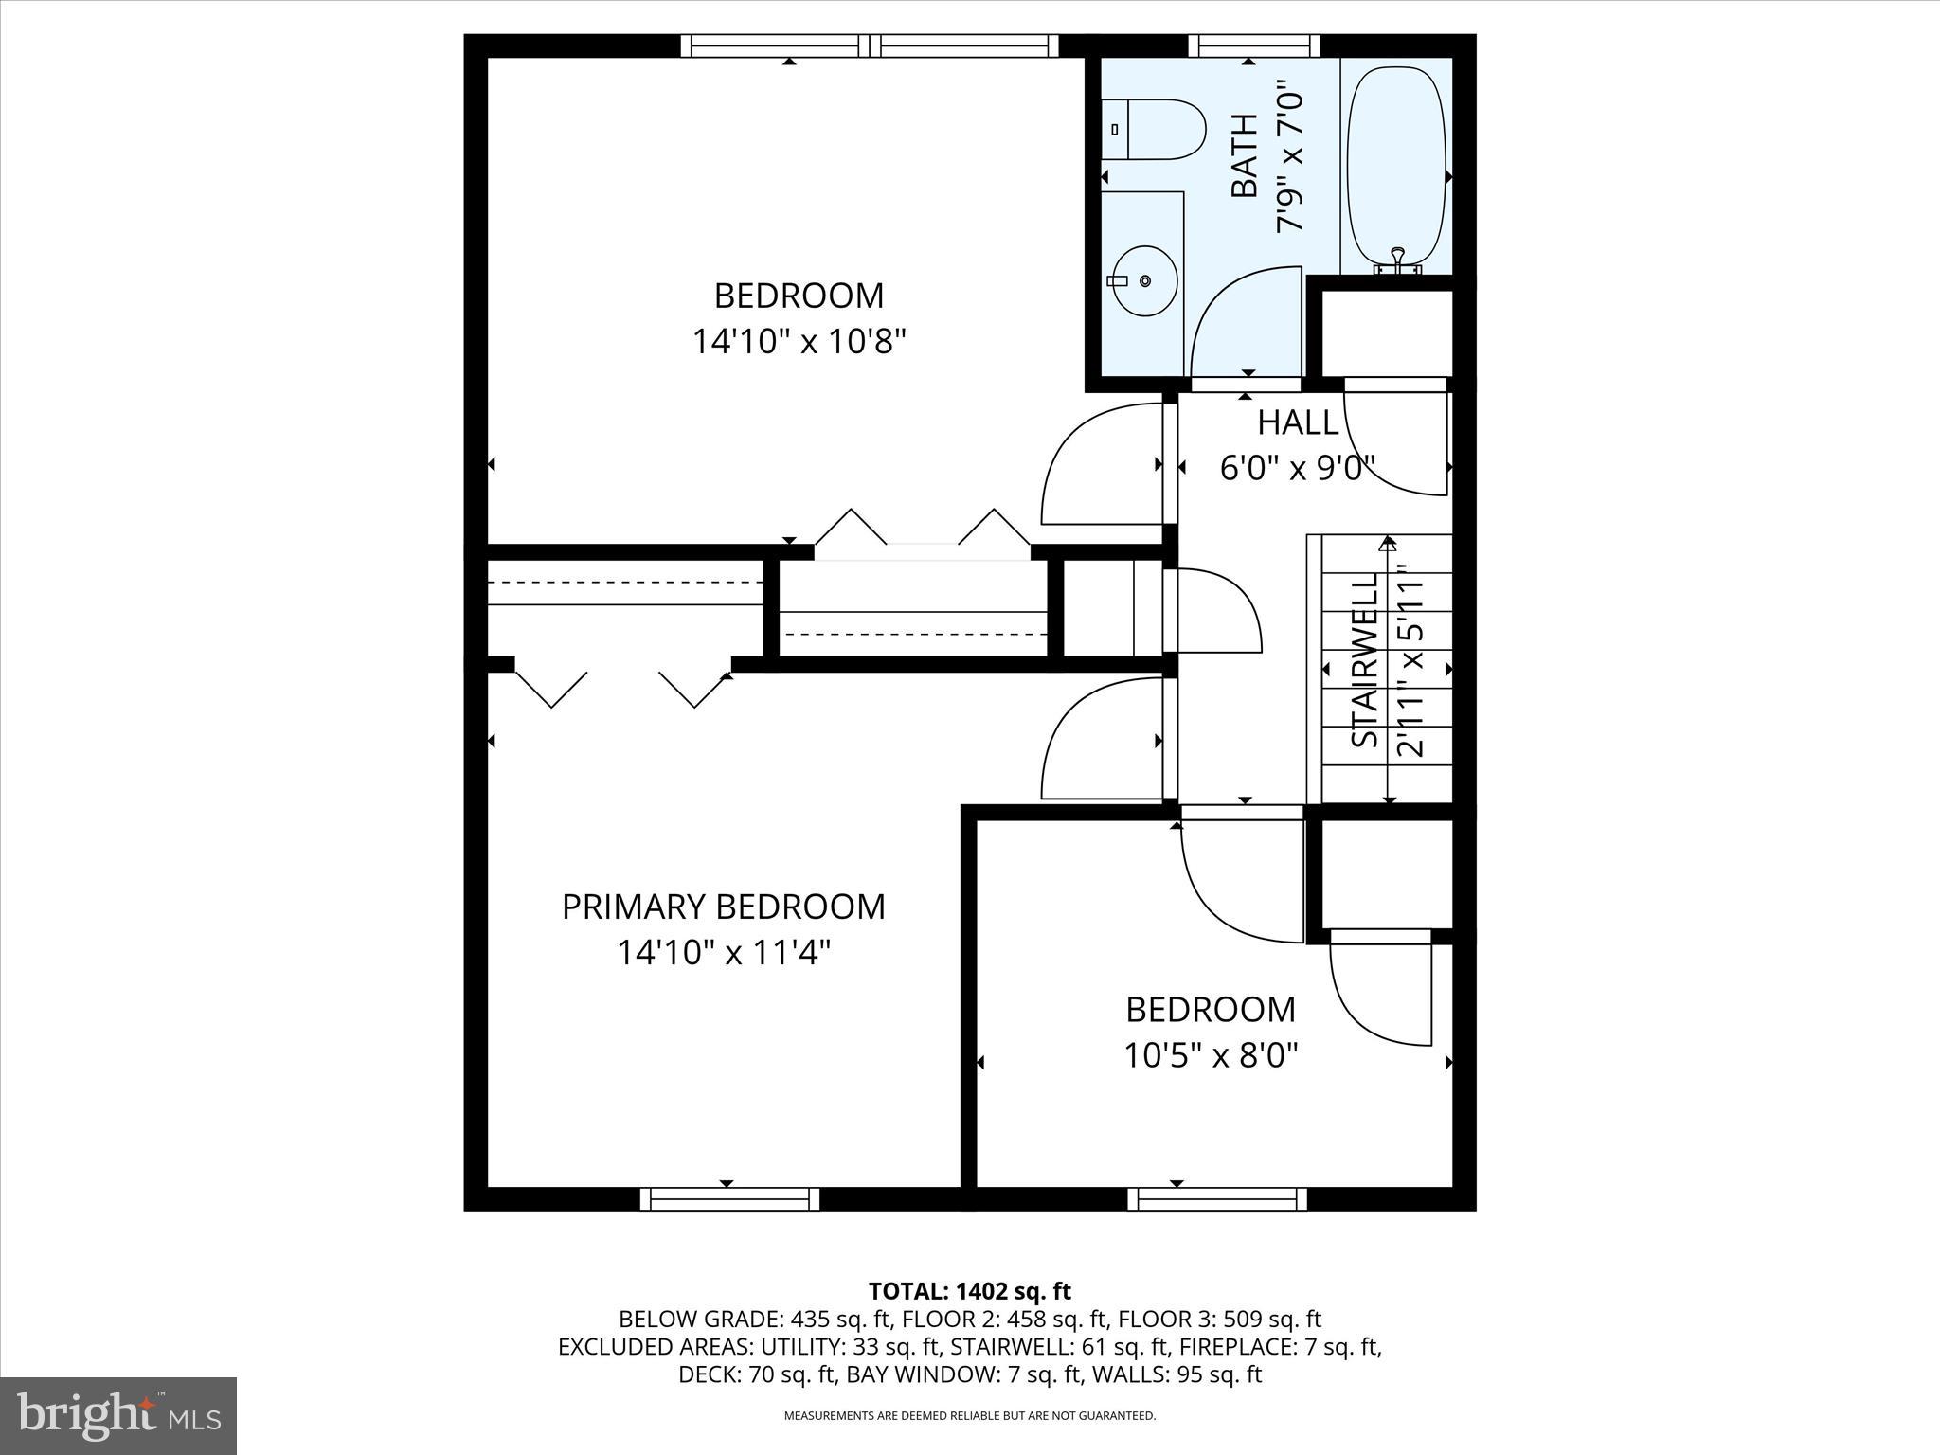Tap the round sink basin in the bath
click(1144, 281)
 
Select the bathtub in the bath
click(1396, 167)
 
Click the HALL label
click(1298, 422)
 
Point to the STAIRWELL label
click(1364, 660)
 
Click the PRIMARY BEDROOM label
click(724, 907)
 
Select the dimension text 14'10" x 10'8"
click(799, 341)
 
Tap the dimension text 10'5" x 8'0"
click(1211, 1054)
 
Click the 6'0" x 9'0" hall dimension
click(1297, 468)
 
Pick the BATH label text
click(1244, 156)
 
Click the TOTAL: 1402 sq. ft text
click(969, 1291)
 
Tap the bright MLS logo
click(118, 1415)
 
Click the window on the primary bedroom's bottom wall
click(729, 1199)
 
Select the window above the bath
click(1253, 45)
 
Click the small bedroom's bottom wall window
click(1217, 1199)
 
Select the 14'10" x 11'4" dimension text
click(724, 952)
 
